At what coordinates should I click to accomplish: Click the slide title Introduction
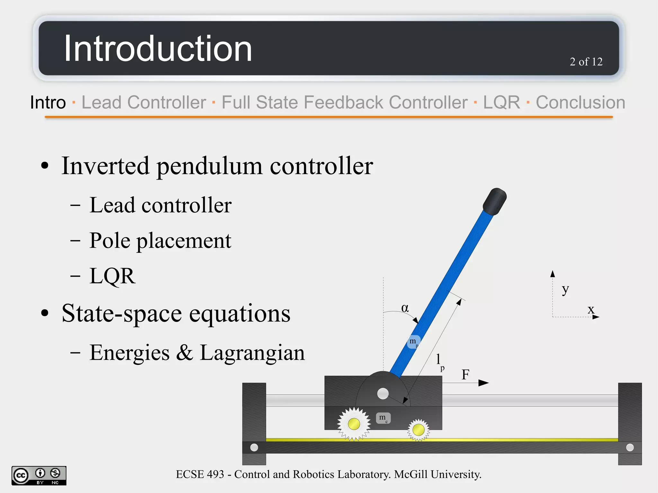[x=158, y=49]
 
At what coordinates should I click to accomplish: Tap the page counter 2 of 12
[x=586, y=62]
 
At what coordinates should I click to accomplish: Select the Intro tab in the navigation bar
[x=48, y=102]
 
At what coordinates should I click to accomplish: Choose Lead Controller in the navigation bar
[x=144, y=102]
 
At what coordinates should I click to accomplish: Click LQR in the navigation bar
[x=501, y=102]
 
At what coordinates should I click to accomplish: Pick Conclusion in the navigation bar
[x=580, y=102]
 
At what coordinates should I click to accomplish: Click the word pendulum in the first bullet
[x=209, y=166]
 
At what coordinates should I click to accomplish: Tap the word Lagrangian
[x=252, y=353]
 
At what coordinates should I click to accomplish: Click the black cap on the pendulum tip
[x=495, y=201]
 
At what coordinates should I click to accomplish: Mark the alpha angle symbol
[x=405, y=308]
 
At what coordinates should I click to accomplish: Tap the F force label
[x=466, y=374]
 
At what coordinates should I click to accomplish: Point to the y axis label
[x=565, y=289]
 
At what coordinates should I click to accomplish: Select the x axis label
[x=591, y=310]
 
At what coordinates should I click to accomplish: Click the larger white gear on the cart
[x=354, y=424]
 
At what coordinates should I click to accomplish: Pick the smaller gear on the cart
[x=418, y=429]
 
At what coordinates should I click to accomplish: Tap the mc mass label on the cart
[x=383, y=418]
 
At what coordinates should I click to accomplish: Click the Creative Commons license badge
[x=39, y=475]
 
